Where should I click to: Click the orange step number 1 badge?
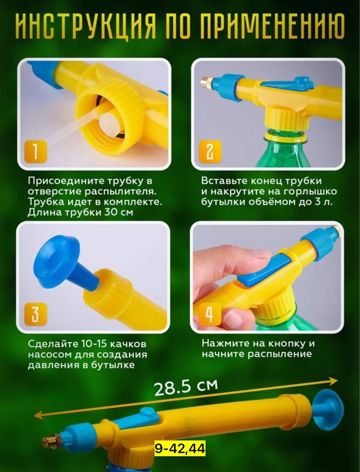35,151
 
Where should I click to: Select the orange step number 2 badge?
210,151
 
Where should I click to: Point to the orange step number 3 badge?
35,314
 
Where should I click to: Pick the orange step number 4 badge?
209,314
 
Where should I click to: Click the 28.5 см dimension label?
186,388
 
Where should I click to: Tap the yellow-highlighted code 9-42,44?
180,448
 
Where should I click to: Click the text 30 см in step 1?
118,212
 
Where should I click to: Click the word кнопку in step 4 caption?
287,344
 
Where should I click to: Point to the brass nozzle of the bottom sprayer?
51,440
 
